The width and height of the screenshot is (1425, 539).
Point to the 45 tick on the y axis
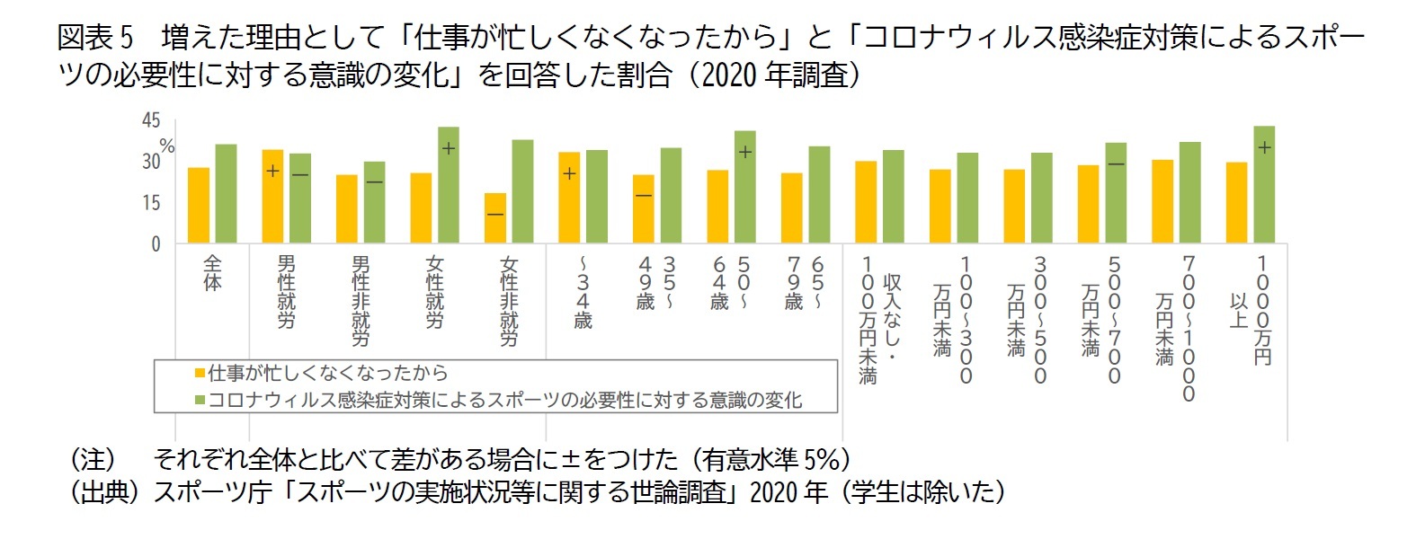151,120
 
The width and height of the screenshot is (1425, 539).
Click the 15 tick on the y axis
151,203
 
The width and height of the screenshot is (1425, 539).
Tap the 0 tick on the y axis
156,243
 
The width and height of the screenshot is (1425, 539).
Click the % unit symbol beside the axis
167,146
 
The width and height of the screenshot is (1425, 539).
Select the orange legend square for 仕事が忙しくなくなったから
200,373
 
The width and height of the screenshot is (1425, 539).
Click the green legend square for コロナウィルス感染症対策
200,400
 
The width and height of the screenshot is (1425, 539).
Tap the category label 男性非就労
361,301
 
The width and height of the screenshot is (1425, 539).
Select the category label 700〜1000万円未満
1177,328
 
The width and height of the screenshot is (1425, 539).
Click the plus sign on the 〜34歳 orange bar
569,172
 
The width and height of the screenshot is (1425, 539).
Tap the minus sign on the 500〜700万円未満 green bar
1116,164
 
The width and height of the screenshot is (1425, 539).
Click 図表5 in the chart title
94,37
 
